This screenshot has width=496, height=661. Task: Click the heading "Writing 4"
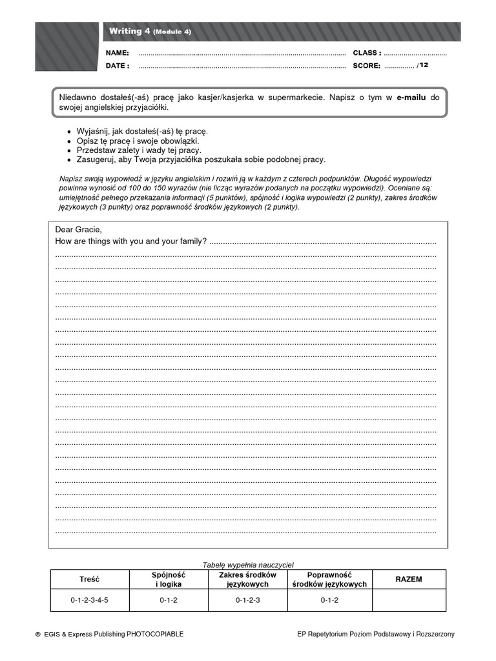pos(129,31)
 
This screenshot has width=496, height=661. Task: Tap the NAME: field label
pos(118,53)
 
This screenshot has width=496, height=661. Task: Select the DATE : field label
pos(118,66)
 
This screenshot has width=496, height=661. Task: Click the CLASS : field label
pos(367,53)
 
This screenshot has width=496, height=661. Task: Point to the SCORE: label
pos(366,66)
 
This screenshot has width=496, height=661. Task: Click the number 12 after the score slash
pos(424,65)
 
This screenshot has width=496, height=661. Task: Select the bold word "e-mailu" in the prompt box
pos(412,97)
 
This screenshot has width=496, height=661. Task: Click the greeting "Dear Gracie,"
pos(79,229)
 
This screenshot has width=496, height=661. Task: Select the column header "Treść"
pos(89,579)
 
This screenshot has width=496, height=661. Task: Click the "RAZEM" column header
pos(408,579)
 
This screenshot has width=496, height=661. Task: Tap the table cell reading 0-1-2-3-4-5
pos(89,600)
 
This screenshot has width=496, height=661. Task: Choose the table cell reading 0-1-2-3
pos(247,600)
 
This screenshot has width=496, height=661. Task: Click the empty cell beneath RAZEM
pos(408,600)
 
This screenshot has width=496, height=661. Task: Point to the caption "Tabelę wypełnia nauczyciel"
pos(248,565)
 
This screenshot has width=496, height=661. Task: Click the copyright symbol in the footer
pos(37,635)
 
